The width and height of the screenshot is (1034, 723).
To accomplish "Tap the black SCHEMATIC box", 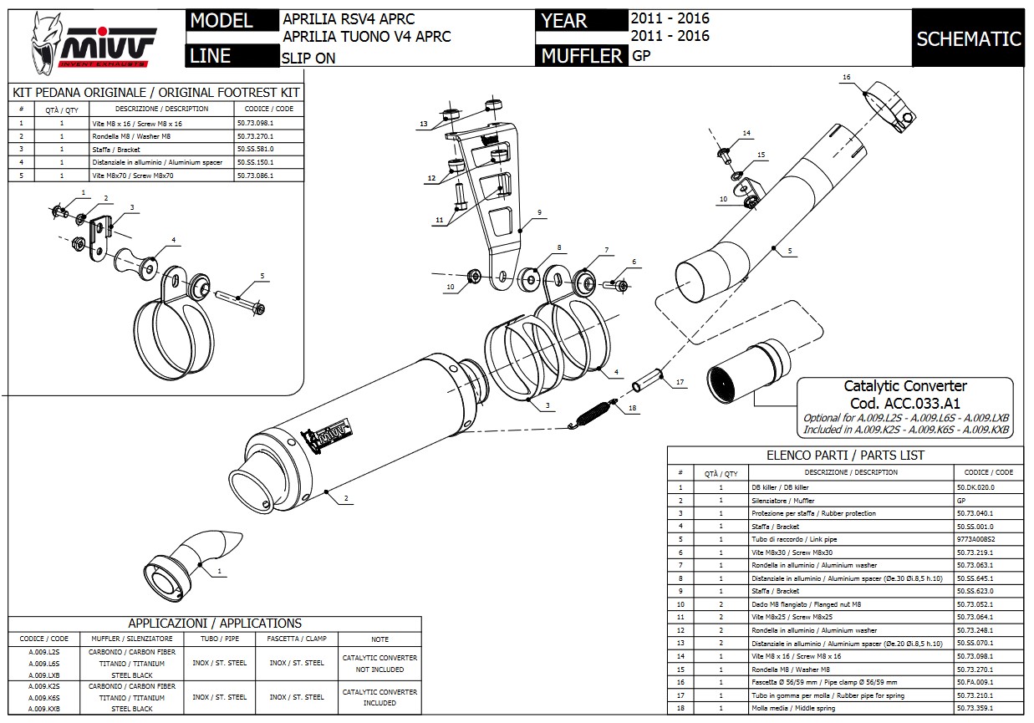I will point(968,38).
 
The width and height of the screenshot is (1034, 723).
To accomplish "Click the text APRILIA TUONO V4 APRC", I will point(367,36).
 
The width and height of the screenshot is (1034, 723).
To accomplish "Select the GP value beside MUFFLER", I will point(641,56).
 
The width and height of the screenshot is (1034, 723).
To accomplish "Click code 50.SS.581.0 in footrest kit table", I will point(255,149).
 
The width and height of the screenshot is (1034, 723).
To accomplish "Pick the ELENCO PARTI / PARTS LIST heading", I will point(845,456).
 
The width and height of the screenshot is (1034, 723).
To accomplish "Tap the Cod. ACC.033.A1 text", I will point(904,402).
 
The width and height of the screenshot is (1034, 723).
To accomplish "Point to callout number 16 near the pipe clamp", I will point(846,77).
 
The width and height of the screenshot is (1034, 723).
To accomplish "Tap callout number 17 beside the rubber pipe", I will point(680,382).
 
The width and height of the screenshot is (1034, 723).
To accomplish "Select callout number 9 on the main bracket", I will point(540,212).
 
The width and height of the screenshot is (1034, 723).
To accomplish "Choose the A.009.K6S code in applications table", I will point(43,697).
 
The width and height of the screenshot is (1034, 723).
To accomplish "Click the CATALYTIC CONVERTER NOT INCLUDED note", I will point(379,664).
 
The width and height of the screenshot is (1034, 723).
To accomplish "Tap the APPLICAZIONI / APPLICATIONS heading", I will point(215,623).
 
